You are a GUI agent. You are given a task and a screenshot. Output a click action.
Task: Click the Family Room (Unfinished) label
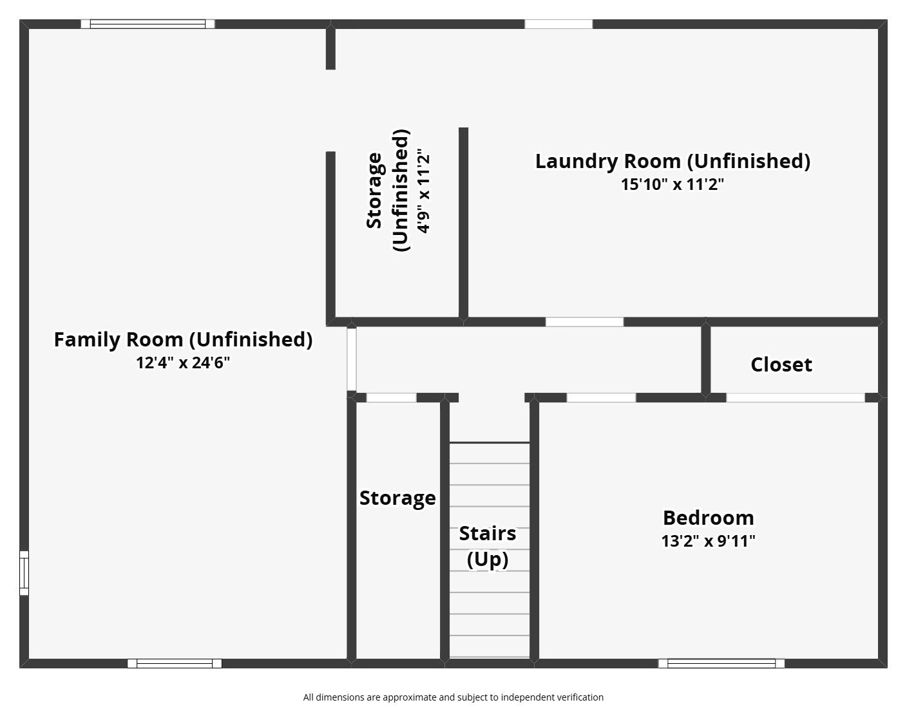[x=183, y=339]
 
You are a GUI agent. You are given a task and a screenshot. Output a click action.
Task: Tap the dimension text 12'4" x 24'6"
[x=183, y=363]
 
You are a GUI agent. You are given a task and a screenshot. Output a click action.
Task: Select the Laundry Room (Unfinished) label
[x=673, y=162]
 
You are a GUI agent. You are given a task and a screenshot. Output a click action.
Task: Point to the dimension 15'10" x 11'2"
[x=673, y=184]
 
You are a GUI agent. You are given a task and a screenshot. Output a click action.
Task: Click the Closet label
[x=781, y=364]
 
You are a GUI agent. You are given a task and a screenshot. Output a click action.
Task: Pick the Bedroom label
[x=709, y=518]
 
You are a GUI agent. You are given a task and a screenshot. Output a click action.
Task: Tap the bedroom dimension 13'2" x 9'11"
[x=709, y=541]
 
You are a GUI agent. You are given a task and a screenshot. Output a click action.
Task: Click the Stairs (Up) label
[x=488, y=547]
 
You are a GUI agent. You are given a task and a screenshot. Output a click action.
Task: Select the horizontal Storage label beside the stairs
[x=397, y=498]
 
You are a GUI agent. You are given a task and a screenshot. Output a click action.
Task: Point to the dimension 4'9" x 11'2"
[x=423, y=191]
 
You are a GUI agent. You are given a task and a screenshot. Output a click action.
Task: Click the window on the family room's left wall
[x=24, y=572]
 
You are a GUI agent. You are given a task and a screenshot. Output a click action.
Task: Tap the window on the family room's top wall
[x=148, y=24]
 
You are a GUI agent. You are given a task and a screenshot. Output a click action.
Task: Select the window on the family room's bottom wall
[x=175, y=663]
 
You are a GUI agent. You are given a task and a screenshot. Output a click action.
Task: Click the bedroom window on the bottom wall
[x=721, y=663]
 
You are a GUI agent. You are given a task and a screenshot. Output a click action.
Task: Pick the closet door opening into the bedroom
[x=796, y=397]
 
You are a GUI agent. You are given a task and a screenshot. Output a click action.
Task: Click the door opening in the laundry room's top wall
[x=559, y=24]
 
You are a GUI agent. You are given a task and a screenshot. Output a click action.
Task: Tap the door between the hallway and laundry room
[x=584, y=321]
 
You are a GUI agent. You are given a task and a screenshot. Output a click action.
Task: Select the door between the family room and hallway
[x=352, y=359]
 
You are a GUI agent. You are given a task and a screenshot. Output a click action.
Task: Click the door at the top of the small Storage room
[x=392, y=397]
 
